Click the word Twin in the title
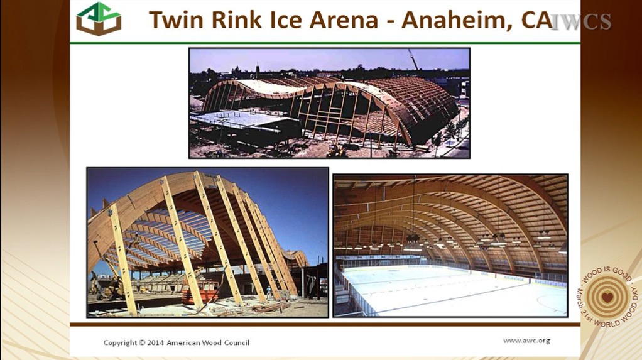(x=176, y=19)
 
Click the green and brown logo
(x=99, y=19)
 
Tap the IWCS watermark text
(x=580, y=22)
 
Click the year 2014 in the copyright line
(x=156, y=342)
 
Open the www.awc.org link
(x=526, y=341)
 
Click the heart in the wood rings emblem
(x=607, y=297)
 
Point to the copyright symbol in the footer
(x=142, y=342)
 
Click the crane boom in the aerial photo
(x=413, y=60)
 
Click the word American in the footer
(x=180, y=342)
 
